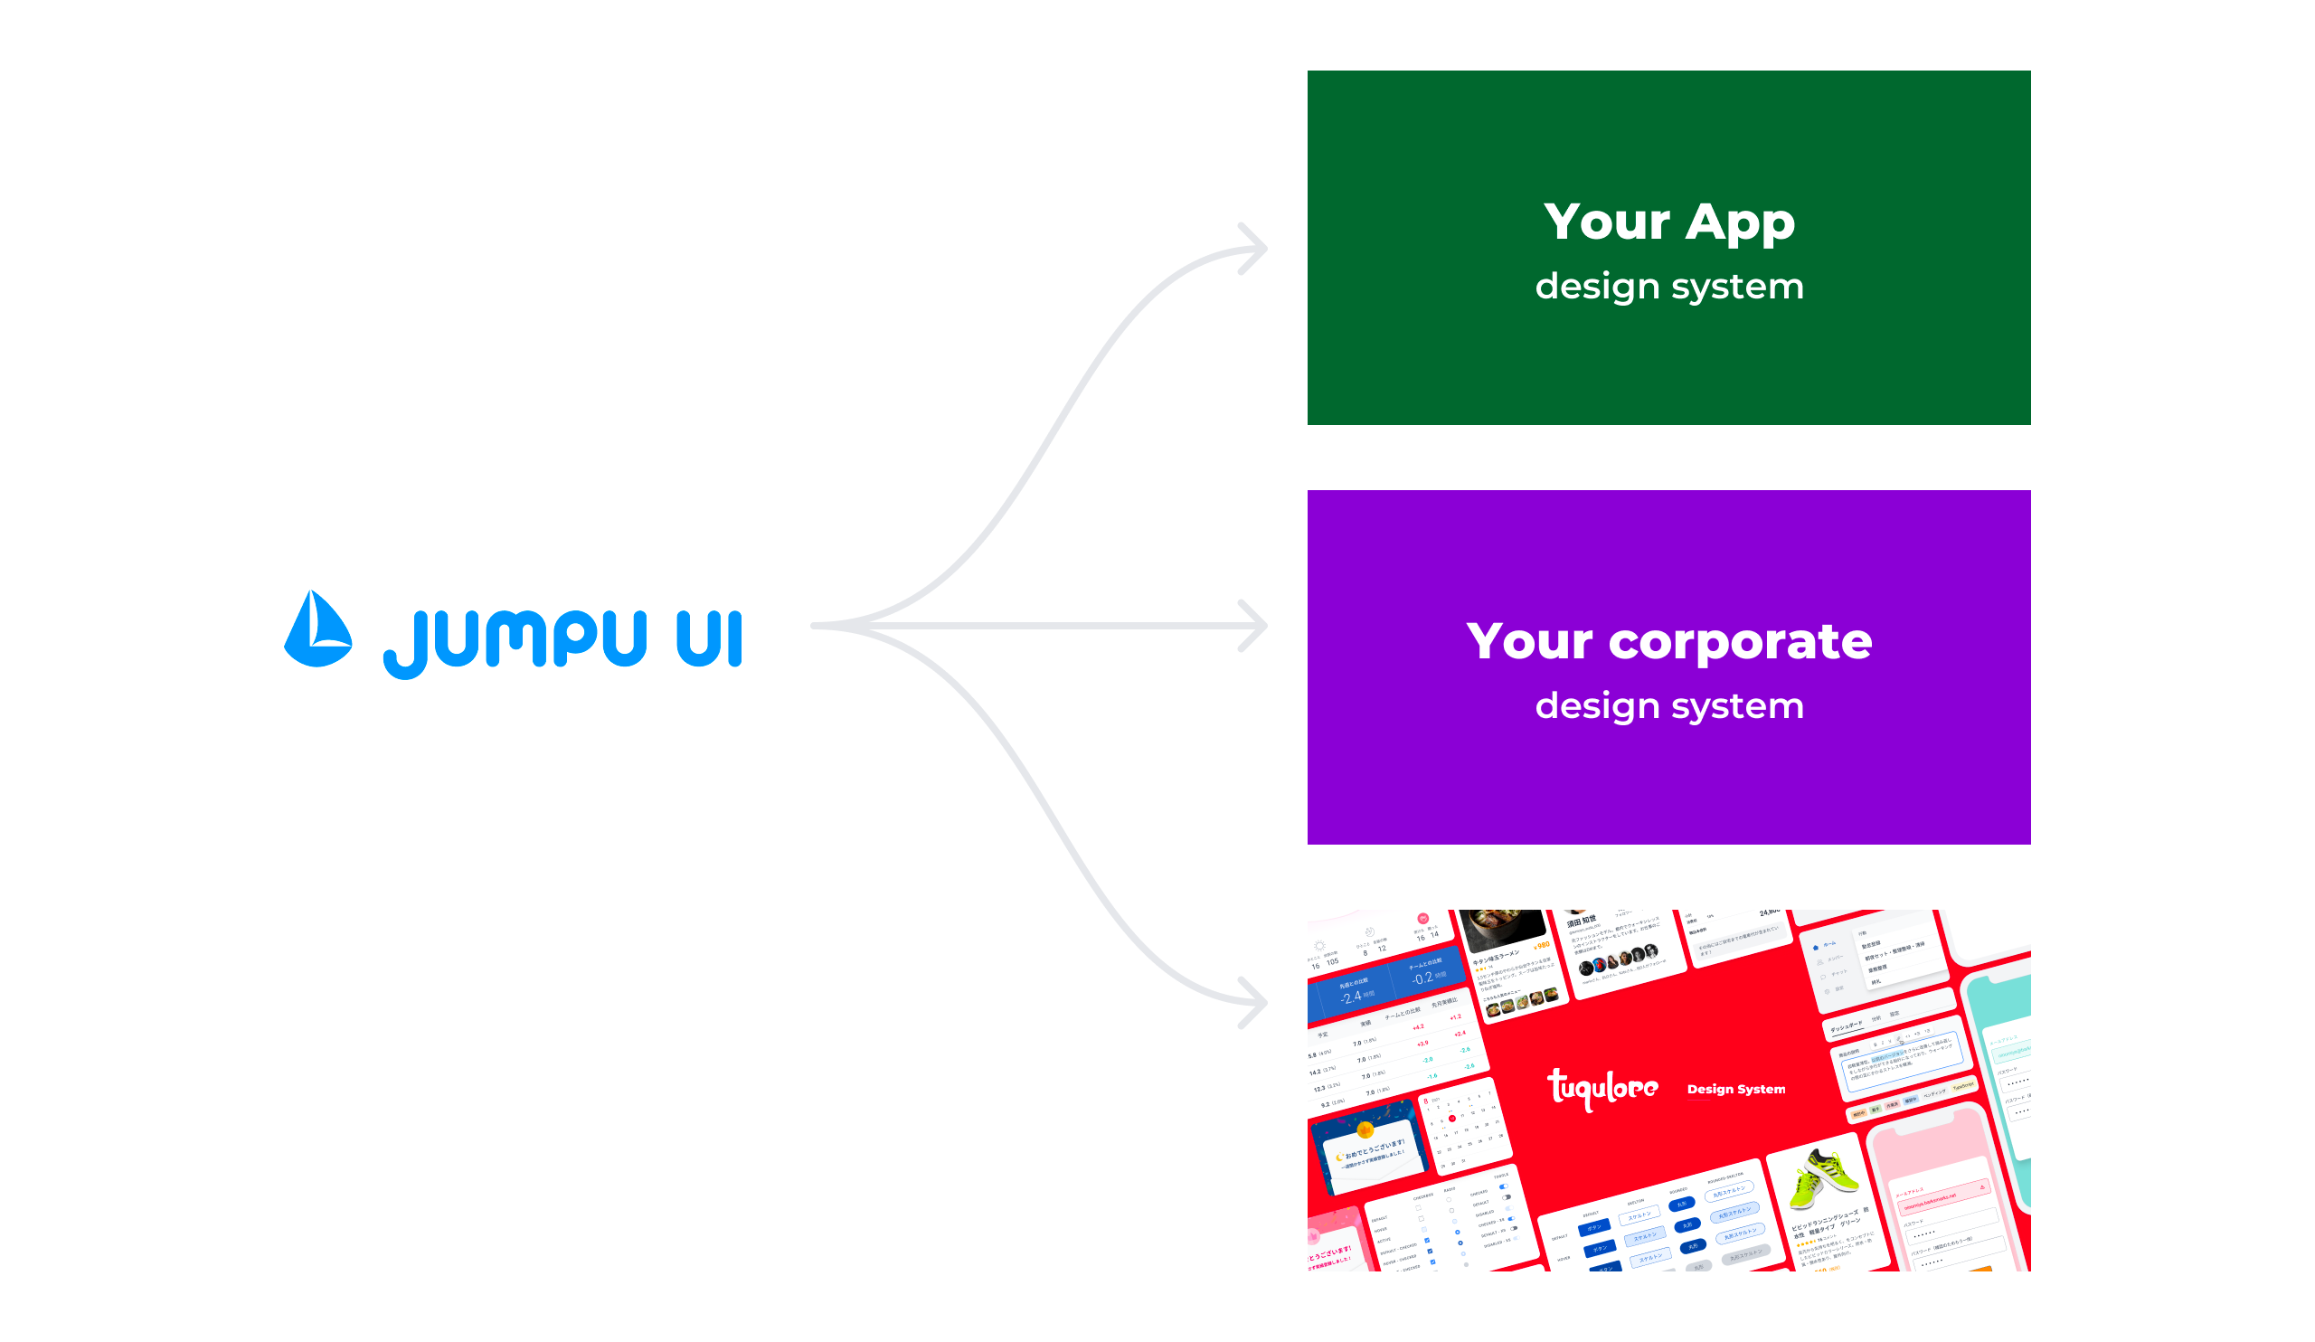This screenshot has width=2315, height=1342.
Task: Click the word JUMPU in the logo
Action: [515, 641]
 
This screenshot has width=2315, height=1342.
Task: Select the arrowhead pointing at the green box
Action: [1254, 248]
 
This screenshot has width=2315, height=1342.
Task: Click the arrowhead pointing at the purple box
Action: [1254, 626]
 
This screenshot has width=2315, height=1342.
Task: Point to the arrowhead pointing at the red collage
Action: [1254, 1002]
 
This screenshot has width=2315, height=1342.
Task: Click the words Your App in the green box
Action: [1668, 222]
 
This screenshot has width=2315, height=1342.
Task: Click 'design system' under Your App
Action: [1668, 287]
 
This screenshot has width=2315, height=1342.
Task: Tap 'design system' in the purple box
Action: [1668, 706]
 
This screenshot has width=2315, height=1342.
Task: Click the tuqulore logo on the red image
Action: [1602, 1090]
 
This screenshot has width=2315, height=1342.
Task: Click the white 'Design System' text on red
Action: [1735, 1090]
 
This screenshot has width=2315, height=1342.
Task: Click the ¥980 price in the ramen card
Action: [1542, 946]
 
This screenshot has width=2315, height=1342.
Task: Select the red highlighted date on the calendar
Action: [1451, 1119]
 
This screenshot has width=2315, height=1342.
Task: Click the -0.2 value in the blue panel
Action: [1422, 979]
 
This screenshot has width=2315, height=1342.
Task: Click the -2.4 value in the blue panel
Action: [1351, 997]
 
